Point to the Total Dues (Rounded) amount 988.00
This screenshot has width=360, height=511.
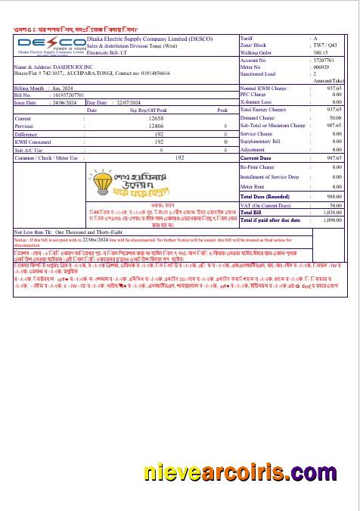point(334,195)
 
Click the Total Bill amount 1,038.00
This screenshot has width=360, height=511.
point(333,213)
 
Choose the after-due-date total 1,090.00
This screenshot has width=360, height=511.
point(333,220)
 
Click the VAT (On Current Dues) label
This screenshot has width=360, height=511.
point(265,205)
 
